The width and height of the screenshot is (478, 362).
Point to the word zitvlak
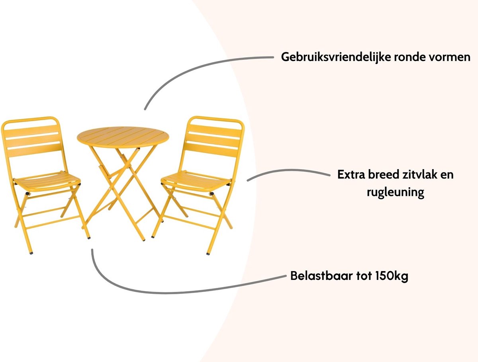coord(419,174)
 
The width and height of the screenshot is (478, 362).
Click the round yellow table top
coord(123,137)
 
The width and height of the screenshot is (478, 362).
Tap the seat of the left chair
coord(47,181)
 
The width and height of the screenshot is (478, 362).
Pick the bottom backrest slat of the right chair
coord(211,150)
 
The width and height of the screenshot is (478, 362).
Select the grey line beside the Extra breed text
coord(288,171)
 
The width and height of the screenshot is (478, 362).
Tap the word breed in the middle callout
coord(383,174)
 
